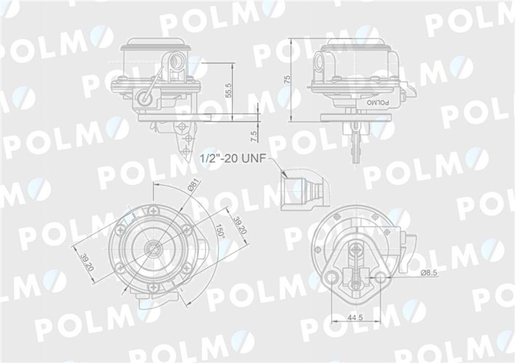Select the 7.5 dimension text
coord(253,135)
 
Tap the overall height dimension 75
coord(288,79)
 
